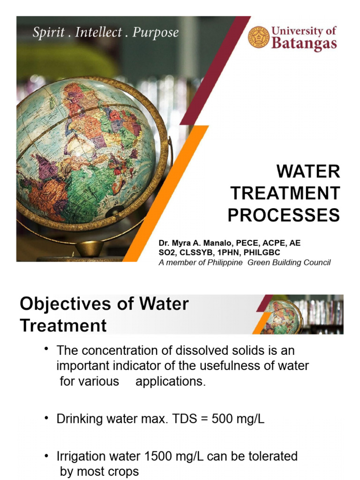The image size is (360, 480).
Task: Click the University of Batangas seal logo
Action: [x=259, y=37]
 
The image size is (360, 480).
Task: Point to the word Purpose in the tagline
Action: [x=156, y=33]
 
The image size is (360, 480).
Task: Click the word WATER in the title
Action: [x=308, y=172]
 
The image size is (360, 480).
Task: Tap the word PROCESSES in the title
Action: [x=284, y=215]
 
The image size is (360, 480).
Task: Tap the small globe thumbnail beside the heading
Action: [x=281, y=317]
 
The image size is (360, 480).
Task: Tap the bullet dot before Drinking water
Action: [x=46, y=417]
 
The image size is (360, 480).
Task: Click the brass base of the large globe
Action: [x=90, y=248]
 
